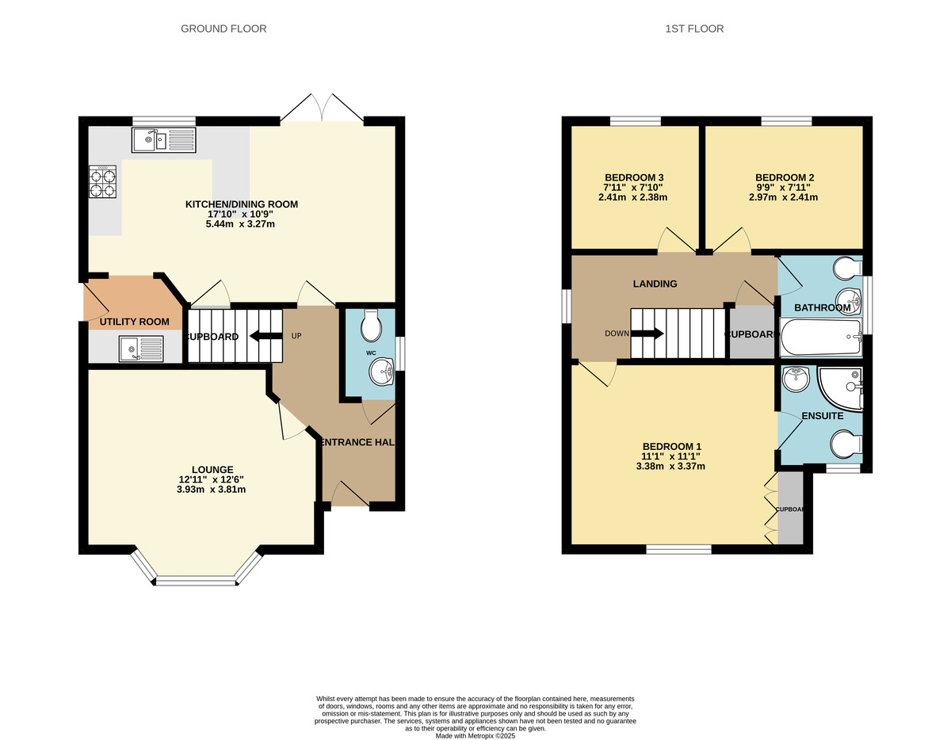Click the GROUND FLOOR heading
[x=223, y=29]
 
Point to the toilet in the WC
[x=371, y=324]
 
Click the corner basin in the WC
[x=384, y=372]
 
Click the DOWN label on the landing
[x=617, y=334]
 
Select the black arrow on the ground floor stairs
[x=265, y=336]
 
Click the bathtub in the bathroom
[x=820, y=338]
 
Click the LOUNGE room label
[x=212, y=469]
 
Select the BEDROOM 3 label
[x=634, y=177]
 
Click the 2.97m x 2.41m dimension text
[x=785, y=197]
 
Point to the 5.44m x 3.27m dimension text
[x=242, y=224]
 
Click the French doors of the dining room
[x=322, y=109]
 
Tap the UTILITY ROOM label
[x=134, y=322]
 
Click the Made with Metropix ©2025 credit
[x=475, y=736]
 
